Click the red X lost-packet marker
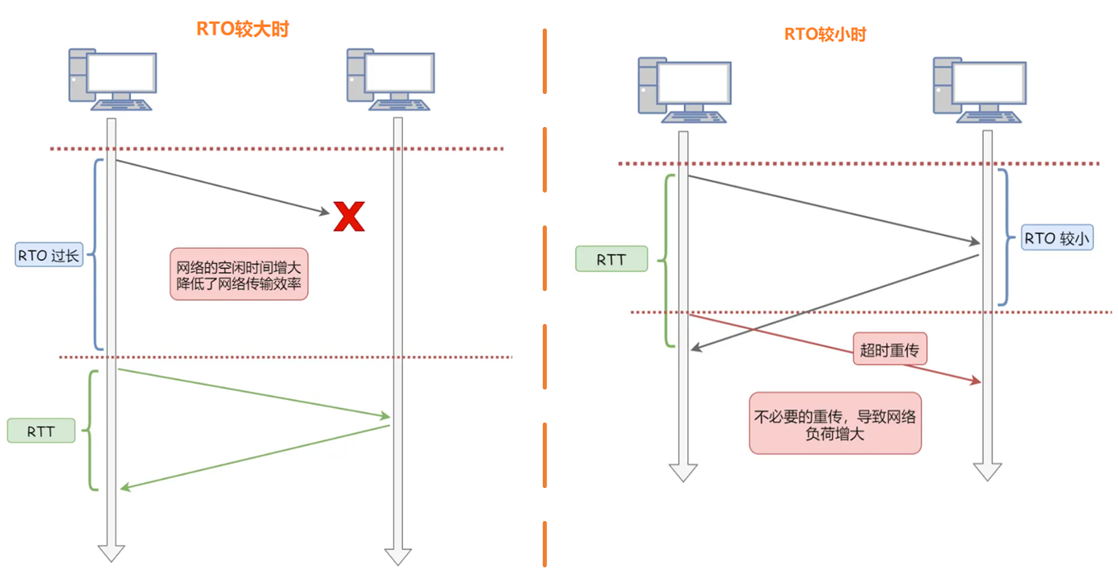[348, 216]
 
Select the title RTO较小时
[825, 35]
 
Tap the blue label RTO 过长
[49, 256]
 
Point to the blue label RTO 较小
[1057, 238]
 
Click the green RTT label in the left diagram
[41, 430]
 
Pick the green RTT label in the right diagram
[610, 260]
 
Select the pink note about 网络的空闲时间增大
[239, 275]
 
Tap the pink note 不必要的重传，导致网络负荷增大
[835, 423]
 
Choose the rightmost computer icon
[979, 89]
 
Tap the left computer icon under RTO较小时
[684, 91]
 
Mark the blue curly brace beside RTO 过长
[96, 254]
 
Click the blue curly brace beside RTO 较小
[1006, 237]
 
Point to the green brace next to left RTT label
[91, 429]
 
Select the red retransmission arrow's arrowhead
[975, 380]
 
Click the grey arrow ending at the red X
[222, 187]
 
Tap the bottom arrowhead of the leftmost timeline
[111, 551]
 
